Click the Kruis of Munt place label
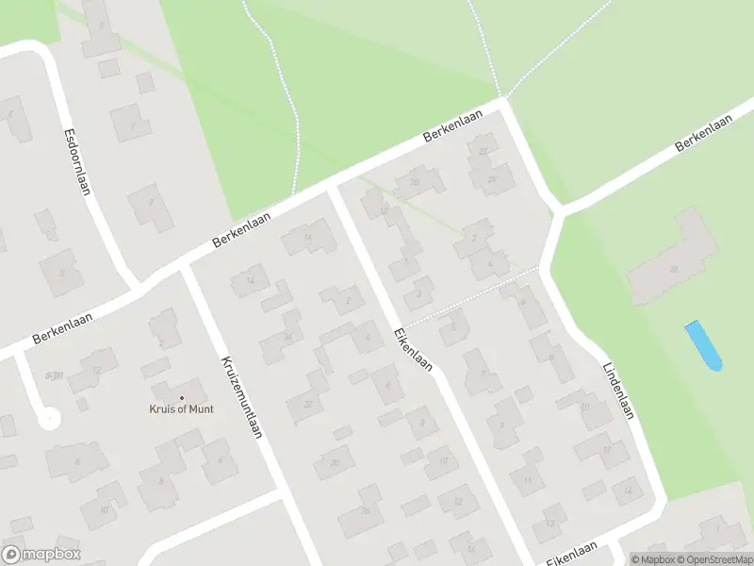click(x=182, y=408)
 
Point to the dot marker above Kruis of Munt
click(x=182, y=396)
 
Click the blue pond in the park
click(x=703, y=345)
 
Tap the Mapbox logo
click(x=41, y=555)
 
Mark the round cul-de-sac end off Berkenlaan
click(x=48, y=416)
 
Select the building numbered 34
click(x=284, y=337)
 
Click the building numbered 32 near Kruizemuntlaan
click(x=305, y=404)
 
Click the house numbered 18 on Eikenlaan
click(x=383, y=209)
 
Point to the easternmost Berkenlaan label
click(x=706, y=139)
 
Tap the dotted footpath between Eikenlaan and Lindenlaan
click(x=471, y=297)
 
